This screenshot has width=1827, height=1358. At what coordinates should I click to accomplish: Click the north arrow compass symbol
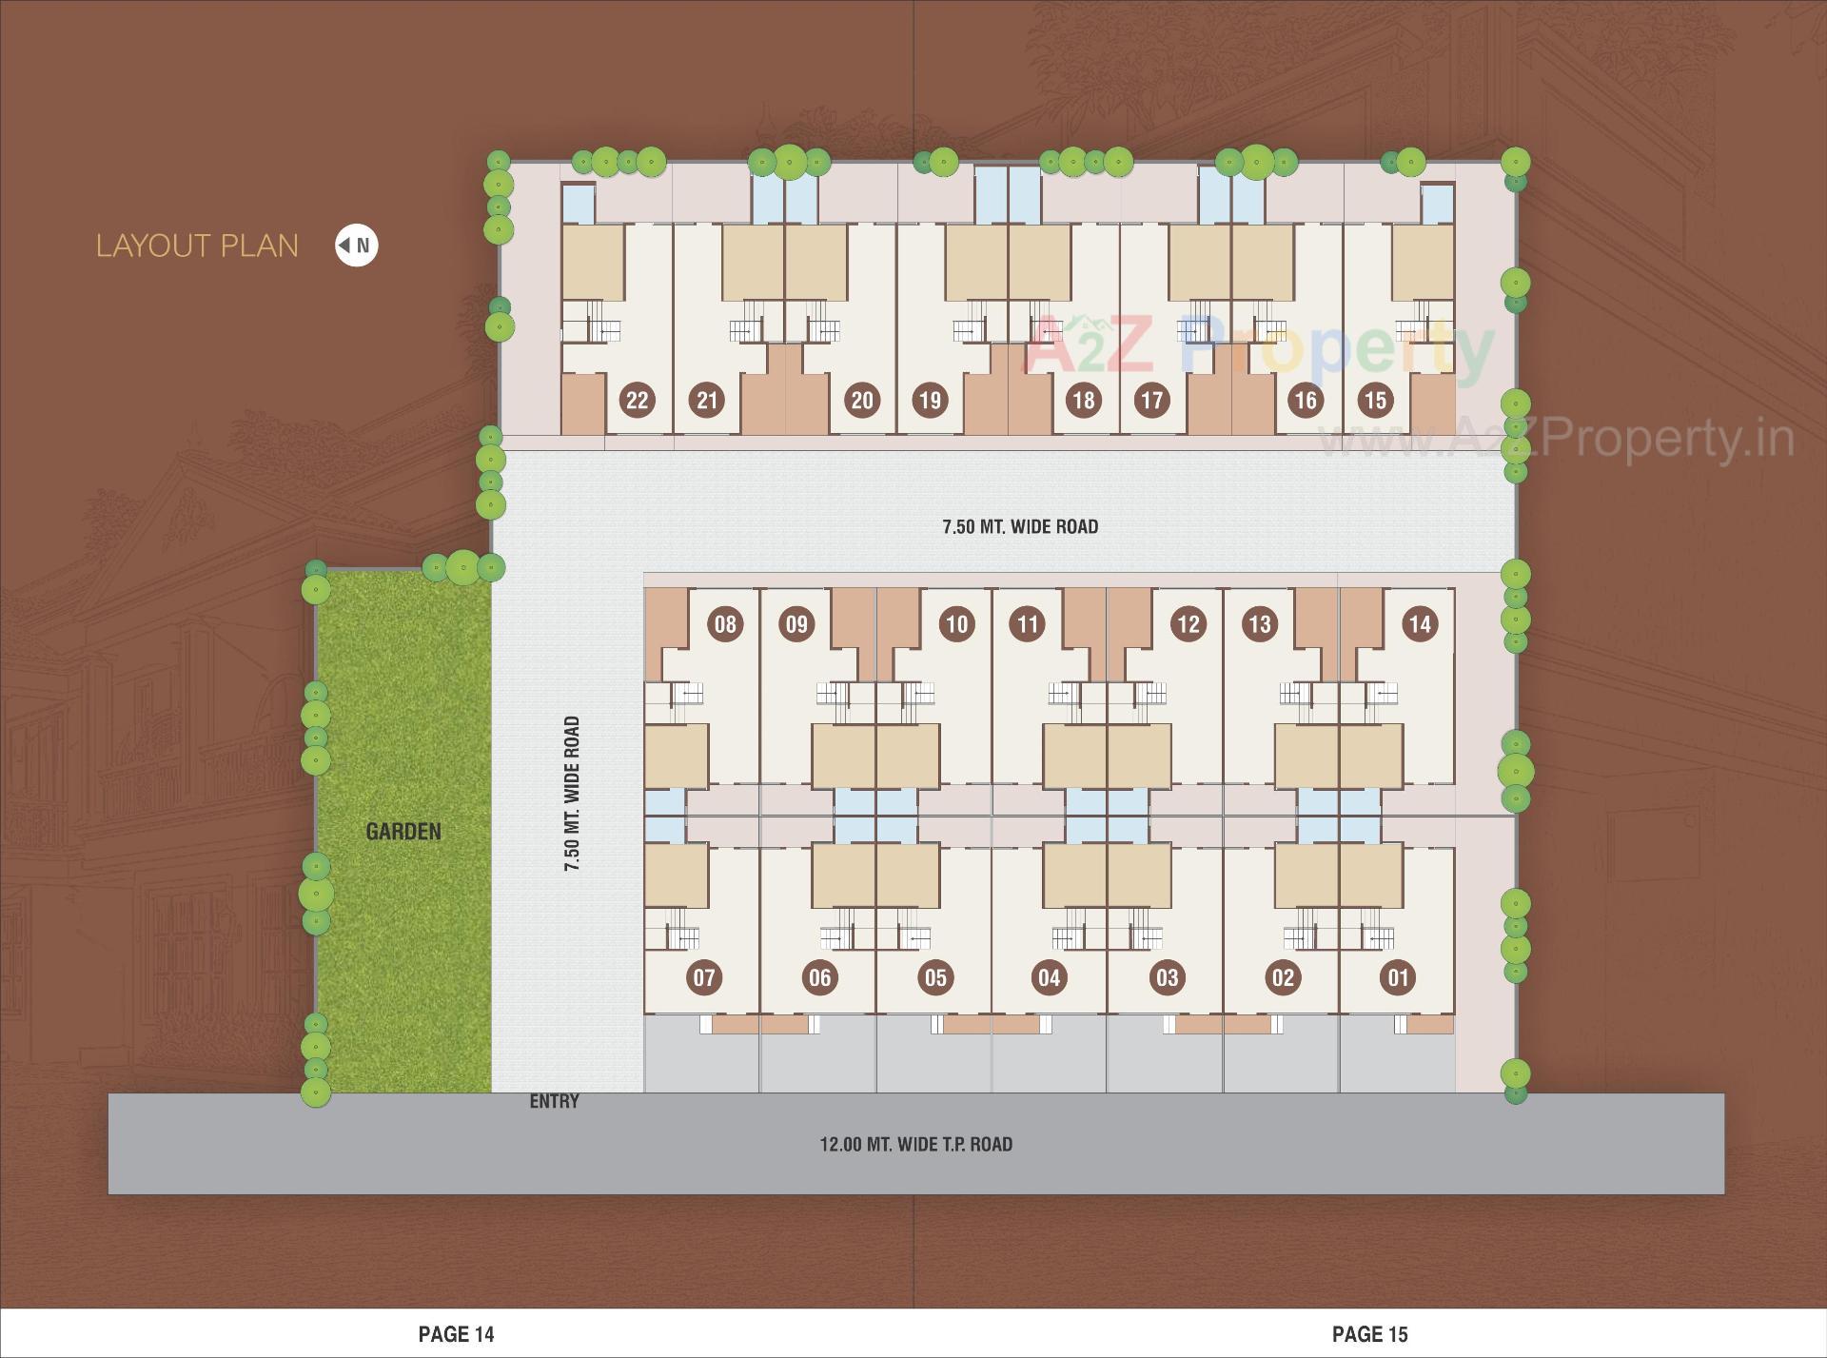point(356,246)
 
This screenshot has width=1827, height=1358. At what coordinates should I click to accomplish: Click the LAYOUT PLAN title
point(197,246)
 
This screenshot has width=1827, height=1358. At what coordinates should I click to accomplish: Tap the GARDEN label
point(403,832)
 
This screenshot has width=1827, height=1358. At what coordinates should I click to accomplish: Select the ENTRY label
point(554,1101)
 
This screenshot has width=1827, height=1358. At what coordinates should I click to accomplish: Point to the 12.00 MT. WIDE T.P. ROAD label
point(915,1144)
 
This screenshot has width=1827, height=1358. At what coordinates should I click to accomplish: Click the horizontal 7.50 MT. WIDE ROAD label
point(1020,526)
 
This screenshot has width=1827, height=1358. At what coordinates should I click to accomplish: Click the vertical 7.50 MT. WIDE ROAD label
point(572,795)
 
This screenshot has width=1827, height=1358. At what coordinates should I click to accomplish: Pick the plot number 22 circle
point(637,400)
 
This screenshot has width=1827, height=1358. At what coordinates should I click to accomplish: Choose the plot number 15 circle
point(1375,400)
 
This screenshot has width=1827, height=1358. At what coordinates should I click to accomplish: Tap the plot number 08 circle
point(725,624)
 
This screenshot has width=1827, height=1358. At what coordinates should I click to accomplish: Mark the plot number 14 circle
point(1419,624)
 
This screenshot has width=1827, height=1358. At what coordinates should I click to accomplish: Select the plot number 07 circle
point(704,977)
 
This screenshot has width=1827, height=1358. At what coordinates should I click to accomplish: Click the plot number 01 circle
point(1398,977)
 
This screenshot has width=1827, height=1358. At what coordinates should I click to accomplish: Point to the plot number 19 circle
point(930,400)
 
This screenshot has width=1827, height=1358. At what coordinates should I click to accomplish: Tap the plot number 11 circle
point(1027,624)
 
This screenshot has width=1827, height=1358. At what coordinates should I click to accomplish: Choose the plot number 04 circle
point(1049,977)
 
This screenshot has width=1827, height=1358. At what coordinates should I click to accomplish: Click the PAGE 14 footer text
point(456,1334)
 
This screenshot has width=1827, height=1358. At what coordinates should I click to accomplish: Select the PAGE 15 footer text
point(1369,1334)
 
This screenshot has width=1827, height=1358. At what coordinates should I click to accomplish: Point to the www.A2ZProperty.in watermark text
point(1556,440)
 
